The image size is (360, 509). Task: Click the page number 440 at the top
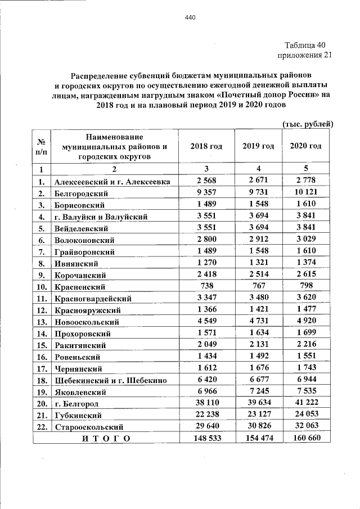(190, 18)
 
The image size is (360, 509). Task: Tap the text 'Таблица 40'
(304, 46)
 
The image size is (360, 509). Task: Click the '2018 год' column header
(206, 146)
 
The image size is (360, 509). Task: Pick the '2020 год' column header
(306, 146)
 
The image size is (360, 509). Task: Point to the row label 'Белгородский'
(81, 193)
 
